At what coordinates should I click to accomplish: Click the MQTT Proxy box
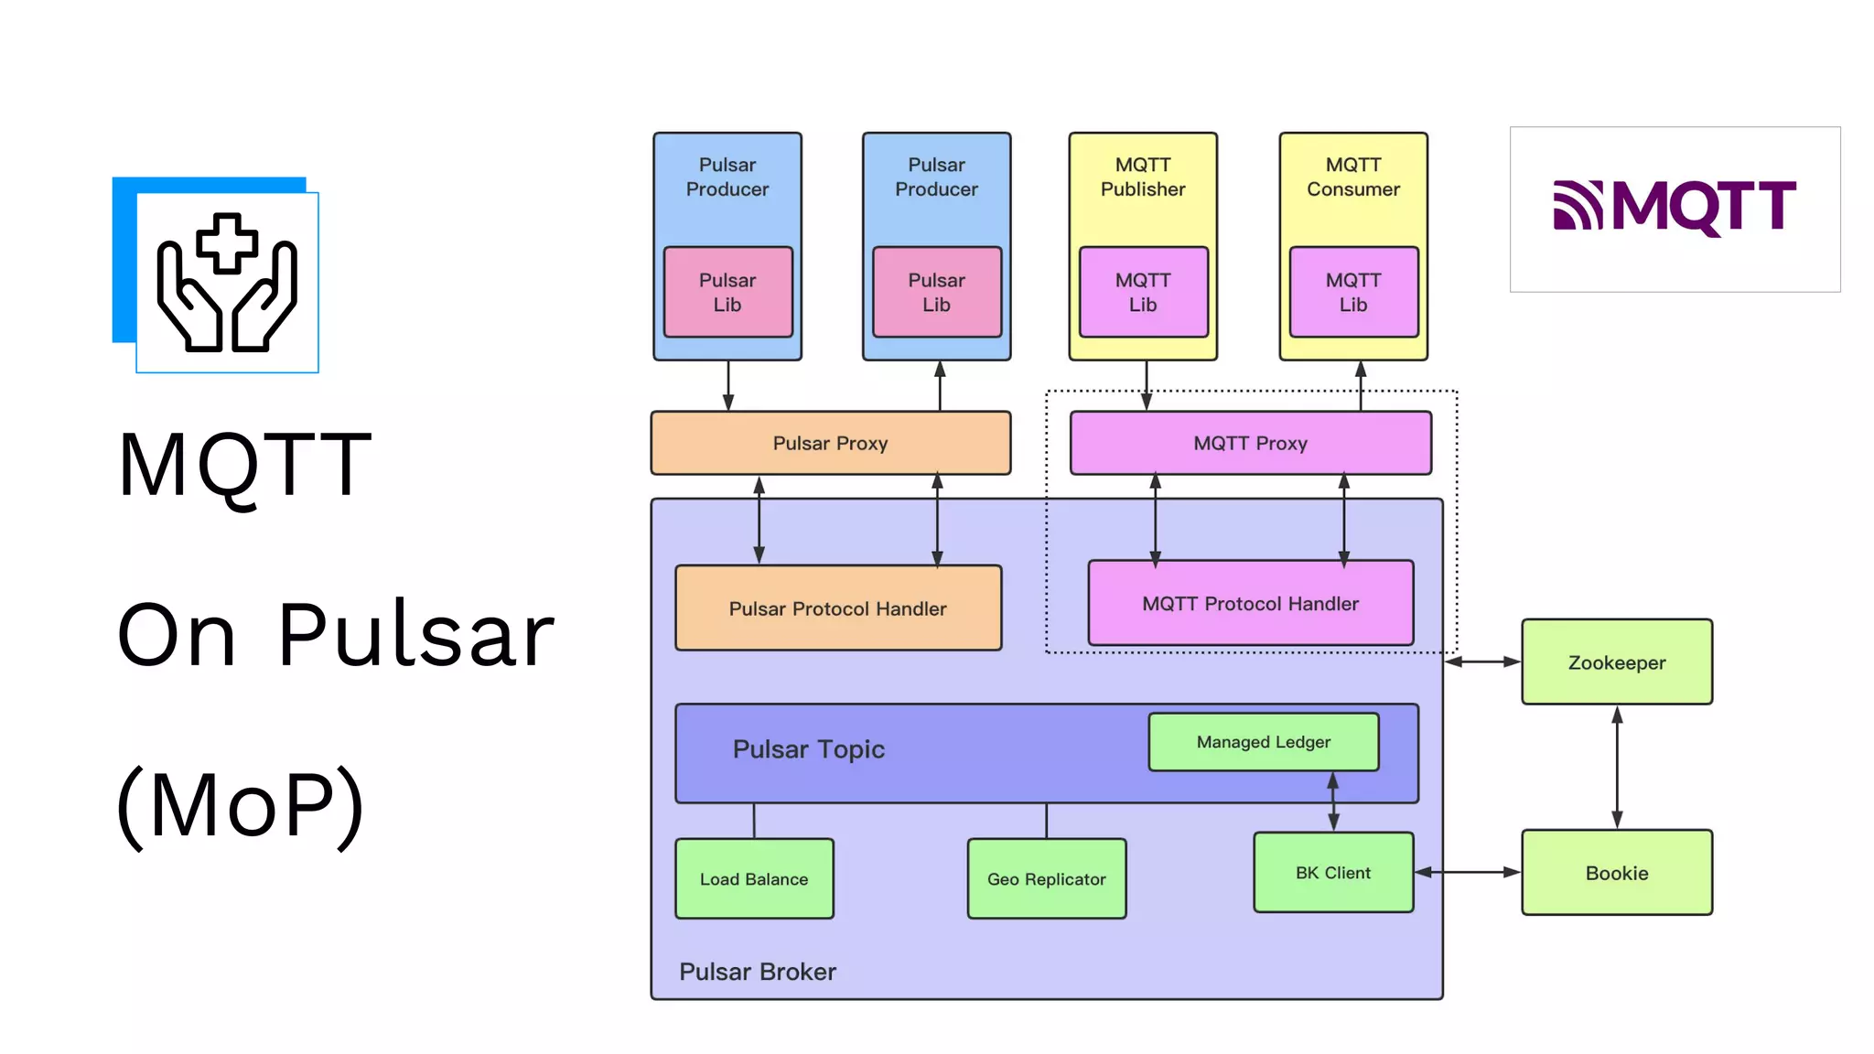click(1250, 443)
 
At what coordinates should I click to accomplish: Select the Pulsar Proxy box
click(830, 443)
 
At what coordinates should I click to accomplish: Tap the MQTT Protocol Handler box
click(1250, 604)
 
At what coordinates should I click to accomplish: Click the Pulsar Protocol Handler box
click(837, 608)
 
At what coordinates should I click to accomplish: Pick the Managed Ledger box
click(1263, 742)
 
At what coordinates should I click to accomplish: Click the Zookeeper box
click(1616, 662)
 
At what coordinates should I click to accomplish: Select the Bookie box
click(1616, 873)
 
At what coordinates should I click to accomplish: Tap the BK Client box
click(1332, 873)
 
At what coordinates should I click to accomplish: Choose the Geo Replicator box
click(1046, 879)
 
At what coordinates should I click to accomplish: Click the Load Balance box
click(754, 879)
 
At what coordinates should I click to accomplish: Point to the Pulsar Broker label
click(758, 972)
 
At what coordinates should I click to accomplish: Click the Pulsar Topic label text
click(809, 749)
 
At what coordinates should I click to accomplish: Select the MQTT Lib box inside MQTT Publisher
click(1143, 292)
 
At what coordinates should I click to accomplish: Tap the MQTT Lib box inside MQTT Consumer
click(1353, 292)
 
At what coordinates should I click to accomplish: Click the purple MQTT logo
click(1675, 207)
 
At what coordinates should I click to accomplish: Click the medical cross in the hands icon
click(227, 243)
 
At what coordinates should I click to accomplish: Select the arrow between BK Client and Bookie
click(1467, 873)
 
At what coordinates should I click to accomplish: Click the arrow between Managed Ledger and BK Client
click(1333, 801)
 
